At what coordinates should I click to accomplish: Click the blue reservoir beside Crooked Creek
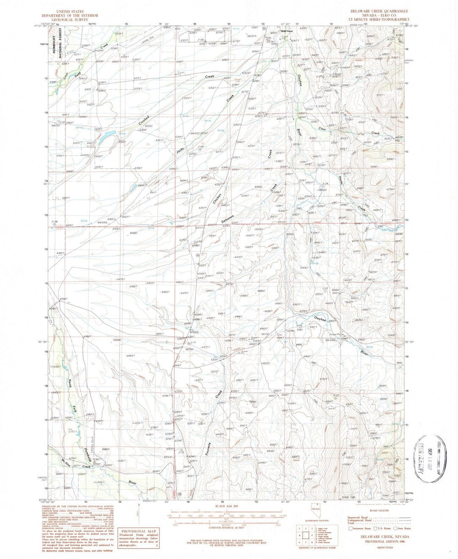pos(107,134)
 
